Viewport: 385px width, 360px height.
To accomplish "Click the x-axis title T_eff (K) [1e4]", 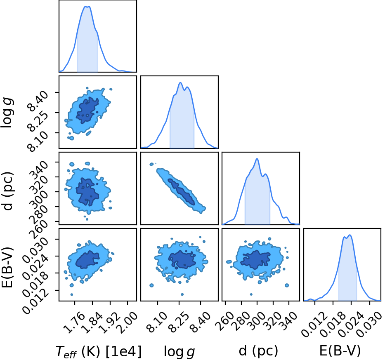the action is pos(99,351).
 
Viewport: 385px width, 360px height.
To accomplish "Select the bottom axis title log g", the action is pos(179,352).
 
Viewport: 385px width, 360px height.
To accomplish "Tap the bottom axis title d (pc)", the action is pos(258,351).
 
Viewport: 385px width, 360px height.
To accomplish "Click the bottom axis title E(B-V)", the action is pos(340,351).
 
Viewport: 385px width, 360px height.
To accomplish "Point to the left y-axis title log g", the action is pos(7,113).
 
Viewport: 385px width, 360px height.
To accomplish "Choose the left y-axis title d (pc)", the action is pos(7,191).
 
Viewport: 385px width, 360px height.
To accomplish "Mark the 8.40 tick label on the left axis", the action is pos(38,101).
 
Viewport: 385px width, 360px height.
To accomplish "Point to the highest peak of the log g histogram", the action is pos(180,82).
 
